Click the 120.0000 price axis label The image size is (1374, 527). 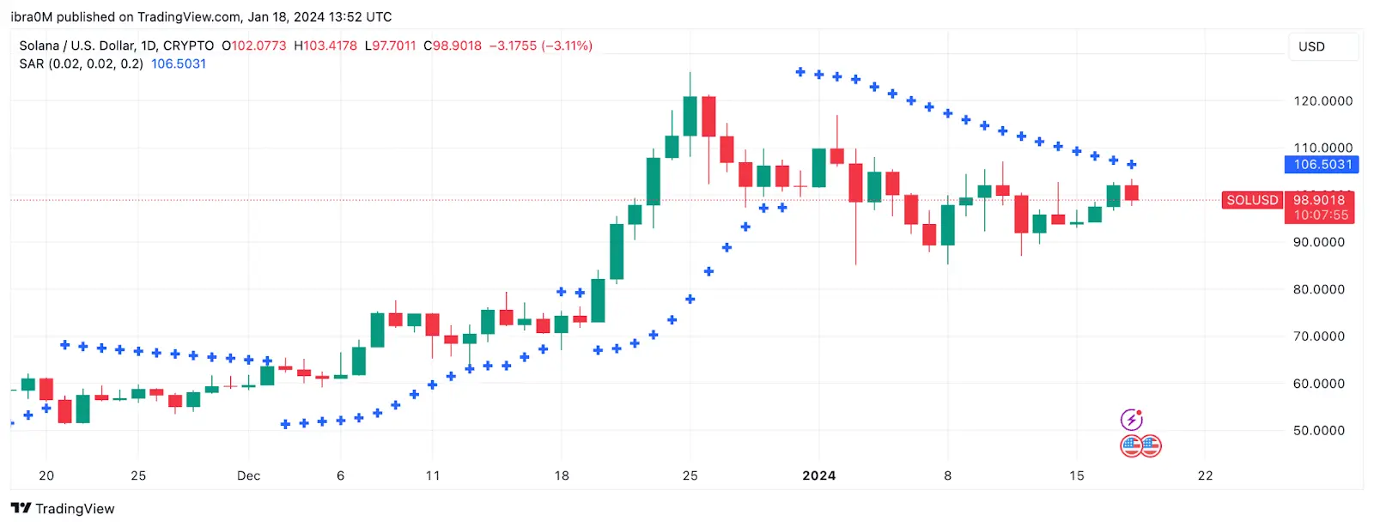[x=1322, y=101]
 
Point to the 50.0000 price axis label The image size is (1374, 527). [x=1319, y=431]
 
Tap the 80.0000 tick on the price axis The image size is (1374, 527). [x=1319, y=289]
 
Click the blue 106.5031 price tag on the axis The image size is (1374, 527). [x=1322, y=165]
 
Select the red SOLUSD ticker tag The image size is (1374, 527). [x=1252, y=200]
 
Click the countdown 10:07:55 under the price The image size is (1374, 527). [x=1321, y=215]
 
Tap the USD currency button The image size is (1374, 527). [x=1311, y=46]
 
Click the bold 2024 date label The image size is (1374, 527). [x=818, y=476]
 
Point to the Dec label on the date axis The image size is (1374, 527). [x=248, y=476]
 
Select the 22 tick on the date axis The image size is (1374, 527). [x=1205, y=476]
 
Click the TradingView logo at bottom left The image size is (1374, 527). [x=63, y=508]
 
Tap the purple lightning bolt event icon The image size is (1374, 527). [x=1132, y=420]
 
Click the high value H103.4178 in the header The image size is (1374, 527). [x=325, y=45]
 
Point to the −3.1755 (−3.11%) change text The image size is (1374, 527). [x=541, y=45]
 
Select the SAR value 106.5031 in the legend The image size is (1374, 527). [x=179, y=64]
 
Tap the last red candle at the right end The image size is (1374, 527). [x=1132, y=193]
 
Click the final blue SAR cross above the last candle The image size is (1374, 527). [x=1132, y=164]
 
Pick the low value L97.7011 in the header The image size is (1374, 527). [x=390, y=45]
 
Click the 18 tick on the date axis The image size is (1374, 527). [x=562, y=476]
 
